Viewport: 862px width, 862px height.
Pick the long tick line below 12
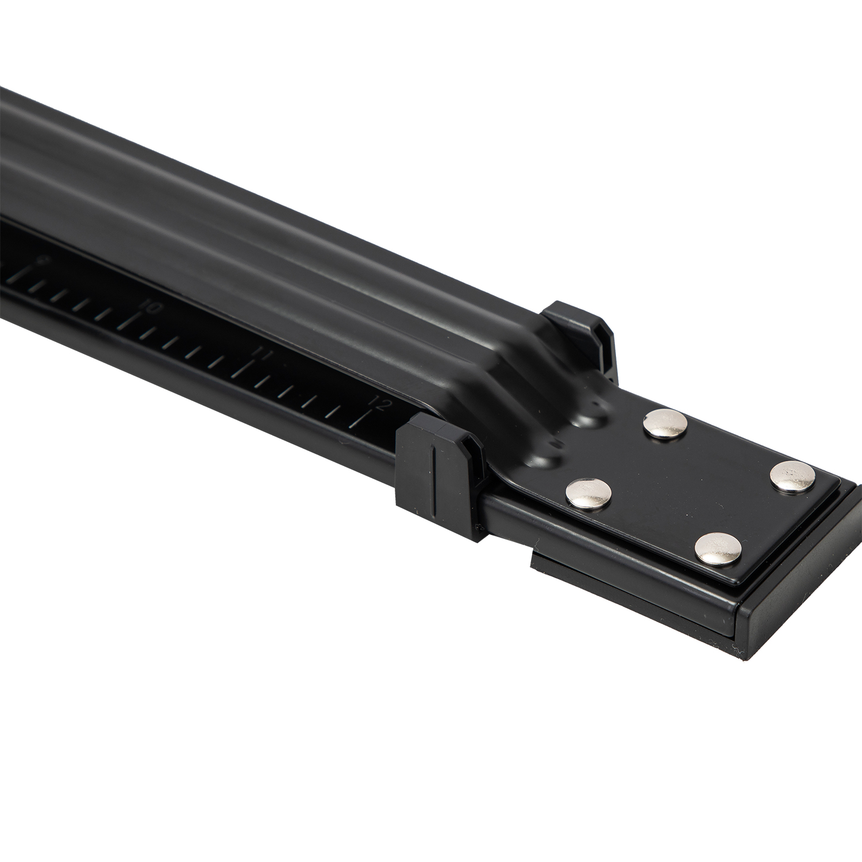[x=361, y=420]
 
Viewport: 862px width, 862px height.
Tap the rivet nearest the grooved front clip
[x=588, y=492]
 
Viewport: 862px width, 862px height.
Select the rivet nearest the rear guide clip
[x=665, y=424]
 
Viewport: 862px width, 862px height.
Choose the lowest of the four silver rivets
[x=717, y=549]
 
